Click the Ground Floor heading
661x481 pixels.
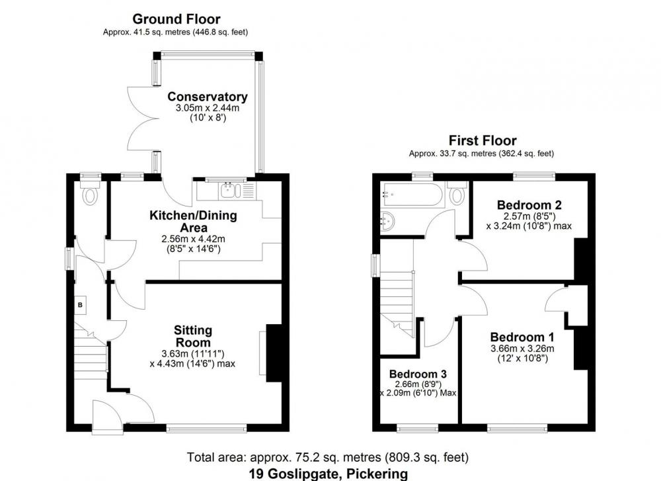point(176,19)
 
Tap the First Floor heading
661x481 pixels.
point(483,140)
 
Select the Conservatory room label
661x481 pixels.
point(208,97)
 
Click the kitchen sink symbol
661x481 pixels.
point(230,191)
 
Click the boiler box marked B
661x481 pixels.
point(80,304)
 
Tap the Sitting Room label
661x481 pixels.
point(193,336)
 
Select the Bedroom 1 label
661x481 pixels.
point(522,337)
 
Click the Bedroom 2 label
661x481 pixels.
point(529,205)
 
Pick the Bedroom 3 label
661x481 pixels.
point(418,374)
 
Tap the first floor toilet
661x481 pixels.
point(457,194)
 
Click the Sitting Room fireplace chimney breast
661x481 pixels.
point(274,353)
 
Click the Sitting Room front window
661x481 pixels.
point(206,429)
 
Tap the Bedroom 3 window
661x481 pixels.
point(418,429)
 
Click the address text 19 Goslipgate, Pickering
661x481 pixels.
point(329,474)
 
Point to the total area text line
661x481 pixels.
point(328,457)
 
